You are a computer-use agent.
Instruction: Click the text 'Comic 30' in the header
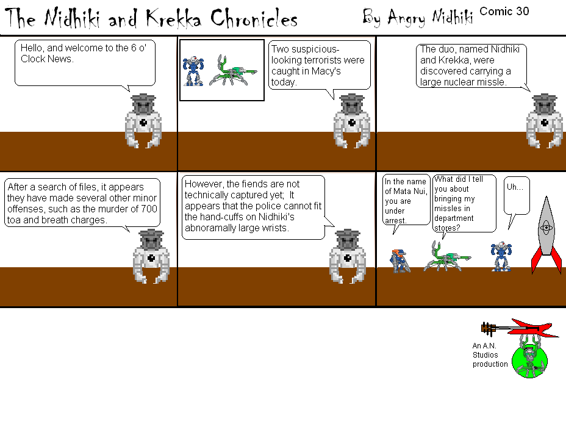pos(504,11)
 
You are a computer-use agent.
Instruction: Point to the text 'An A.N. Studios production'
pos(490,355)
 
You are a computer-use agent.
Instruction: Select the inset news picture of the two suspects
pos(221,69)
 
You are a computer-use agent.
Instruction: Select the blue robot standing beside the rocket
pos(501,256)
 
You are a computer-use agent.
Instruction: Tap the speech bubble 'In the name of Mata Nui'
pos(406,200)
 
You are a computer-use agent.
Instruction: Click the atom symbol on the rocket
pos(546,228)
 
